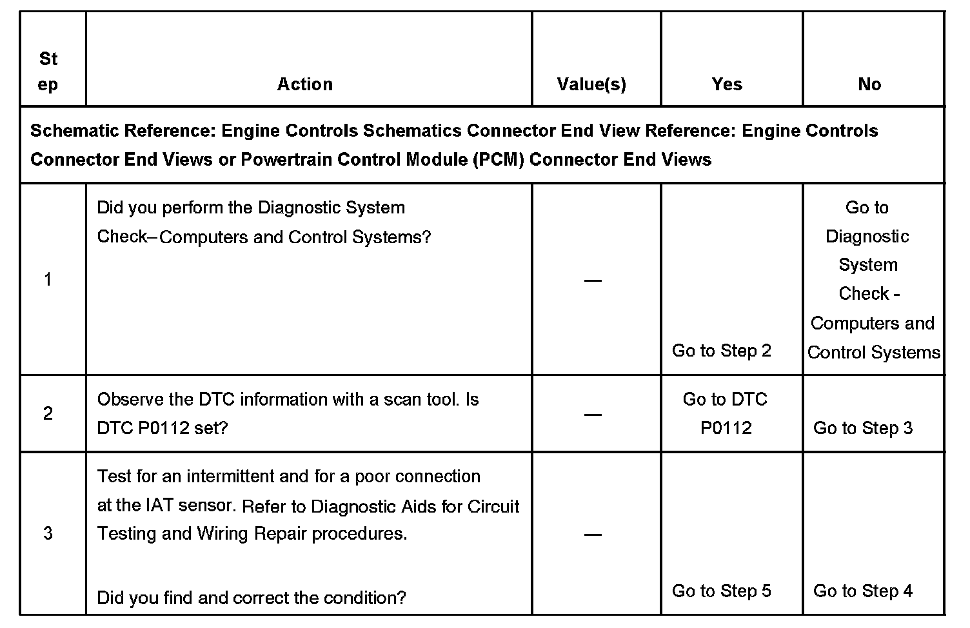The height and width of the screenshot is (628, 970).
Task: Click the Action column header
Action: coord(305,84)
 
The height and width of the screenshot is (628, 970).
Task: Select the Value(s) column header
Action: coord(591,84)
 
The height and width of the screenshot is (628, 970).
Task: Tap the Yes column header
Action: coord(727,84)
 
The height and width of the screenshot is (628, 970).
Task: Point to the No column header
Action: coord(869,84)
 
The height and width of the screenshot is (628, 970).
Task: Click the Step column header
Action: coord(48,72)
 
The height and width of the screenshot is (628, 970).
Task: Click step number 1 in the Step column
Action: coord(48,279)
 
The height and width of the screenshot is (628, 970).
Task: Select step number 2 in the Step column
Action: coord(48,413)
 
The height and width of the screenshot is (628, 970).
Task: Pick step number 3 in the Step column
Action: coord(48,533)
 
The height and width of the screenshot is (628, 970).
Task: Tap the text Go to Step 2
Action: coord(722,351)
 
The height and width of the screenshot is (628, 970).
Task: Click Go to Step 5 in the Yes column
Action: coord(722,591)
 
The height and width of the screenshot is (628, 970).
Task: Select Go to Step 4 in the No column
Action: coord(863,591)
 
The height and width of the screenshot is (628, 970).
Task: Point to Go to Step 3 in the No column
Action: coord(863,428)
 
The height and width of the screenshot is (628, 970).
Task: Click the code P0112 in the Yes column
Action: coord(726,428)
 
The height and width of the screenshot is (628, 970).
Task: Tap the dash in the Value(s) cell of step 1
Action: coord(593,280)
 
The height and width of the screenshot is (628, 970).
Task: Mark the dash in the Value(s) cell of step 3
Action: coord(593,535)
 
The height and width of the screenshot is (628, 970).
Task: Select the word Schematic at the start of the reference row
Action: coord(73,131)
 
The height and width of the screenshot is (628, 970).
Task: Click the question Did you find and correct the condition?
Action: coord(252,598)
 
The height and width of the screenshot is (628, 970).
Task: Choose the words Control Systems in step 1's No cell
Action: coord(874,353)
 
